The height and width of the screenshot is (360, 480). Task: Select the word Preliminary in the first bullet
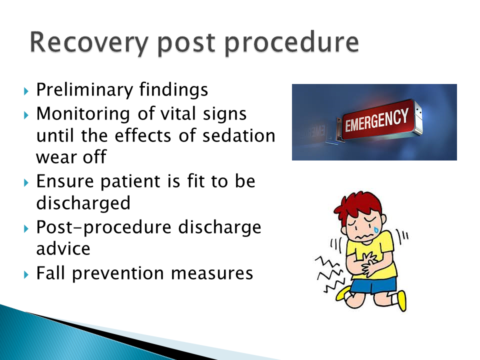point(84,90)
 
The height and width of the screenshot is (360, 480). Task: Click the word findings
point(173,90)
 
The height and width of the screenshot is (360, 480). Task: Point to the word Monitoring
point(83,114)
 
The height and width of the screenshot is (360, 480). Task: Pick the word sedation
point(239,135)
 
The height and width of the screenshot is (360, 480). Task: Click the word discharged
point(83,203)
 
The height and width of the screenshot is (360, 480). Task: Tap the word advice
point(63,248)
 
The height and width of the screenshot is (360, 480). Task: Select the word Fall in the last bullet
point(51,273)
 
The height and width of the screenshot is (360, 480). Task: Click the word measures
point(212,273)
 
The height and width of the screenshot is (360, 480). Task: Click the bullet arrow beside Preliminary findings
point(26,91)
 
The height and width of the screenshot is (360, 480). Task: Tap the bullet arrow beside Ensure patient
point(26,183)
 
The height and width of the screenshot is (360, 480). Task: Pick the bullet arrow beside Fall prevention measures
point(26,274)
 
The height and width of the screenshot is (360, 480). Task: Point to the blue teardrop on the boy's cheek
point(376,229)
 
